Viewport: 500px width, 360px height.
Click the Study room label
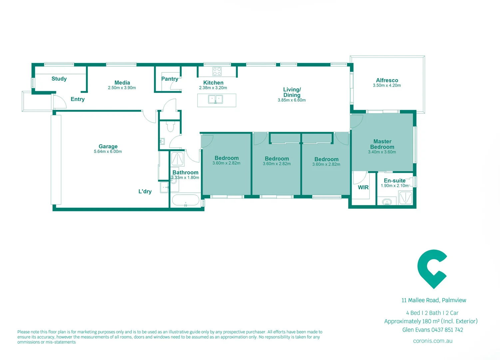(x=59, y=79)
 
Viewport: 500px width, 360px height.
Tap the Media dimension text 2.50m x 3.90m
(x=122, y=88)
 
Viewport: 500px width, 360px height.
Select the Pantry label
(x=170, y=79)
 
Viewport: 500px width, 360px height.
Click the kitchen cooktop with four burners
(x=217, y=71)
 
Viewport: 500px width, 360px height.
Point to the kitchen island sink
(x=216, y=99)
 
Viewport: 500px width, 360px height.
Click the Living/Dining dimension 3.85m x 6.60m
(x=291, y=100)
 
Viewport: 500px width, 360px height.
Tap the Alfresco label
(x=387, y=80)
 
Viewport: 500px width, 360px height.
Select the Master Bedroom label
(x=382, y=144)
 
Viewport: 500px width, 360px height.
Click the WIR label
(x=363, y=188)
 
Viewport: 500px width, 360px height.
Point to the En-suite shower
(x=405, y=198)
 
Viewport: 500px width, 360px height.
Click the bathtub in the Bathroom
(x=186, y=201)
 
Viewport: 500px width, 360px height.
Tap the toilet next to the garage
(x=171, y=127)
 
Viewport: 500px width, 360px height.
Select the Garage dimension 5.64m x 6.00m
(x=108, y=152)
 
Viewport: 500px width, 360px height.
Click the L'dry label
(x=145, y=191)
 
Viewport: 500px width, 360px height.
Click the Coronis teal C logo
(x=432, y=269)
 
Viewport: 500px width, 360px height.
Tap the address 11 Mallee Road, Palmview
(x=433, y=300)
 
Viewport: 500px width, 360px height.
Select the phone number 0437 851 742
(x=447, y=330)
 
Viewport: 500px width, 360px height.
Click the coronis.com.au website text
(x=432, y=341)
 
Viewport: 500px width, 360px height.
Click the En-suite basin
(x=387, y=202)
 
